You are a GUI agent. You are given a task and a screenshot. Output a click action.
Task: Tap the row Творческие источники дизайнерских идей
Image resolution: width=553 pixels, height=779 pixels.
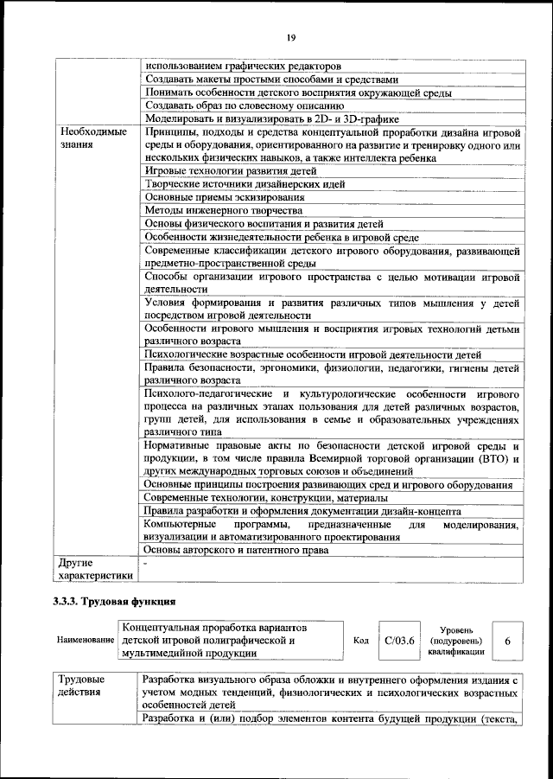pos(245,184)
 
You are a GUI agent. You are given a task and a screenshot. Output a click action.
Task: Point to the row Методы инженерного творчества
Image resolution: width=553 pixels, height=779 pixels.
pos(223,210)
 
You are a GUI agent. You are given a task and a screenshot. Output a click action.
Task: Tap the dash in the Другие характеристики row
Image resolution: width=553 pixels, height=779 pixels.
pos(146,563)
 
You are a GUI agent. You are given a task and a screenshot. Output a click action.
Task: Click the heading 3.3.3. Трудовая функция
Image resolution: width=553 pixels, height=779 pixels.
pos(115,601)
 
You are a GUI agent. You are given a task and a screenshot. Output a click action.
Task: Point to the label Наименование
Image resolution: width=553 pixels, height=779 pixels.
pos(86,641)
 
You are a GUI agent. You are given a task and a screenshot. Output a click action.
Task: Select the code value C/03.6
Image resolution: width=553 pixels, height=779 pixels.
pos(399,641)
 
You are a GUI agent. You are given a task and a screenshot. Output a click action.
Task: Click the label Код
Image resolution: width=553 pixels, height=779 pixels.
pos(361,641)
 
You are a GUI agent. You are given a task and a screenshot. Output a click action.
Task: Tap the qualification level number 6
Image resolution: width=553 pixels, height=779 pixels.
pos(507,641)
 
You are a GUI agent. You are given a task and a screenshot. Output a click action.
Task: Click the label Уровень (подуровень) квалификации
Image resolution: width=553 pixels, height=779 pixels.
pos(454,641)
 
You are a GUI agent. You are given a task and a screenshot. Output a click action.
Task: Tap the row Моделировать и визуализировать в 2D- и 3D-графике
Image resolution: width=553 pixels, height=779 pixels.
pos(271,118)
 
